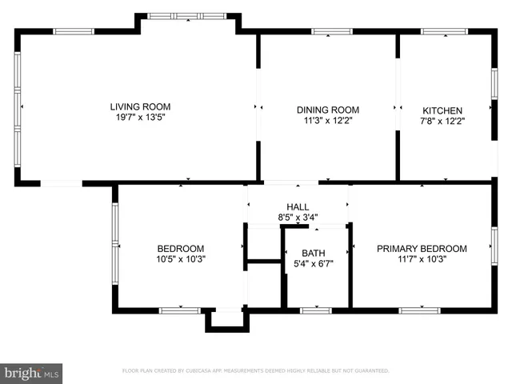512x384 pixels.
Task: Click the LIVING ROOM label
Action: pyautogui.click(x=140, y=106)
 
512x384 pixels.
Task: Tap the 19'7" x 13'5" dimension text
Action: pyautogui.click(x=140, y=118)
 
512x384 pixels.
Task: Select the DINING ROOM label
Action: pyautogui.click(x=328, y=110)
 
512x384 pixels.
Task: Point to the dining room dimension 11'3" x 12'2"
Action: pyautogui.click(x=328, y=122)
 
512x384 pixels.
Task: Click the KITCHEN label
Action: pyautogui.click(x=443, y=110)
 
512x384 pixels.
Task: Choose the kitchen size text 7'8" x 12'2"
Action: pyautogui.click(x=443, y=122)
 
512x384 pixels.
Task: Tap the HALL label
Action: pyautogui.click(x=298, y=205)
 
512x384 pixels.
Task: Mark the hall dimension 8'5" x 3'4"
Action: pyautogui.click(x=298, y=217)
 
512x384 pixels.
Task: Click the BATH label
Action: pyautogui.click(x=313, y=253)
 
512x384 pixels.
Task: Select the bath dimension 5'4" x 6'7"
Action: pyautogui.click(x=313, y=264)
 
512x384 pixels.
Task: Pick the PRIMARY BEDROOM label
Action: pyautogui.click(x=422, y=248)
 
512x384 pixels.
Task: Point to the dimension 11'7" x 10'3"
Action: pyautogui.click(x=422, y=259)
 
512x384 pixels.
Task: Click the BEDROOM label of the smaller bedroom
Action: pyautogui.click(x=180, y=248)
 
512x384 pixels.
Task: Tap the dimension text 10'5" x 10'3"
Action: pyautogui.click(x=180, y=259)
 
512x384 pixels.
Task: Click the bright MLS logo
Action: pyautogui.click(x=32, y=373)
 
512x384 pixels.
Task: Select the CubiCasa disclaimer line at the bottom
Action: pyautogui.click(x=255, y=371)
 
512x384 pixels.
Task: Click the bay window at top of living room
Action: pyautogui.click(x=188, y=15)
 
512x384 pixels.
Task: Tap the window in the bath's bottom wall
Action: pyautogui.click(x=316, y=310)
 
